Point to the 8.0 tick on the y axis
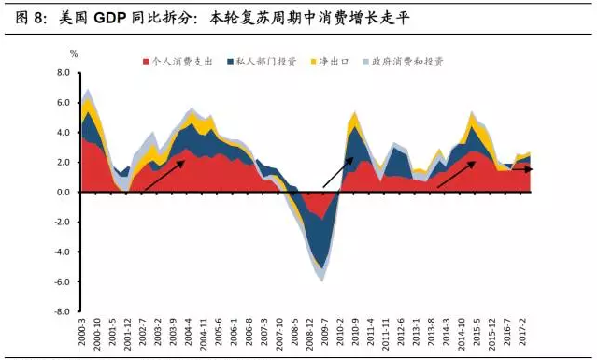coord(64,72)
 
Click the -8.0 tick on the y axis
coord(63,311)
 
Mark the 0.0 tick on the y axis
coord(64,192)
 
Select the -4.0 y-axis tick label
coord(63,252)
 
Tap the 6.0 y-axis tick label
coord(64,102)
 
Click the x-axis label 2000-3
coord(83,331)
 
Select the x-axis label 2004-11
coord(205,333)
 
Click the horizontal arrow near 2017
coord(521,169)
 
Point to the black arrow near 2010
coord(339,174)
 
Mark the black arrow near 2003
coord(163,175)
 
